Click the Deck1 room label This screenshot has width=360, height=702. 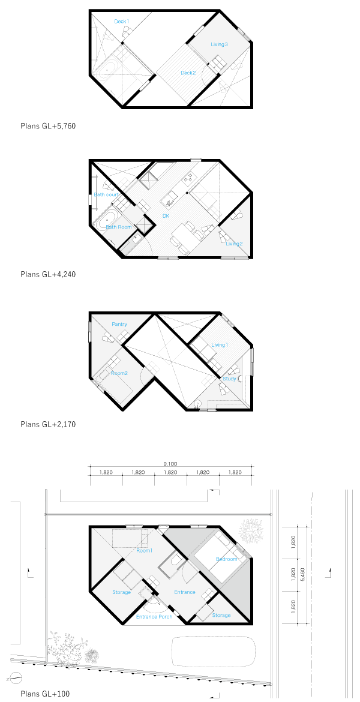coord(122,22)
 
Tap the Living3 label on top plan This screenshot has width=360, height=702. coord(219,44)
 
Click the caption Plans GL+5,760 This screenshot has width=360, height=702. coord(48,127)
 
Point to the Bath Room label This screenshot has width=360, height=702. coord(119,227)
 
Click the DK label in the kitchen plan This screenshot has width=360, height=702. coord(166,216)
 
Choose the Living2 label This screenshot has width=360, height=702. coord(235,244)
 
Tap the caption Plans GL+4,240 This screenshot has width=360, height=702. coord(48,274)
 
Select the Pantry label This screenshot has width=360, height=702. coord(119,325)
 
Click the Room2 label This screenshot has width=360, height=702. coord(119,373)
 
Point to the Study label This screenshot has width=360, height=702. coord(229,379)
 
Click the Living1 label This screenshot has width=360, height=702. coord(220,345)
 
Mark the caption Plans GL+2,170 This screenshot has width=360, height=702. coord(48,424)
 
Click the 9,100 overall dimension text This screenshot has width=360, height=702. coord(170,464)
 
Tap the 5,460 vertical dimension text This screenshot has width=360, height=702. coord(303,574)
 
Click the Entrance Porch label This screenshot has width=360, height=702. coord(154,617)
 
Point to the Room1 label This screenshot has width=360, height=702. coord(145,551)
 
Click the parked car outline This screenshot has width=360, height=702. coord(214,651)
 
